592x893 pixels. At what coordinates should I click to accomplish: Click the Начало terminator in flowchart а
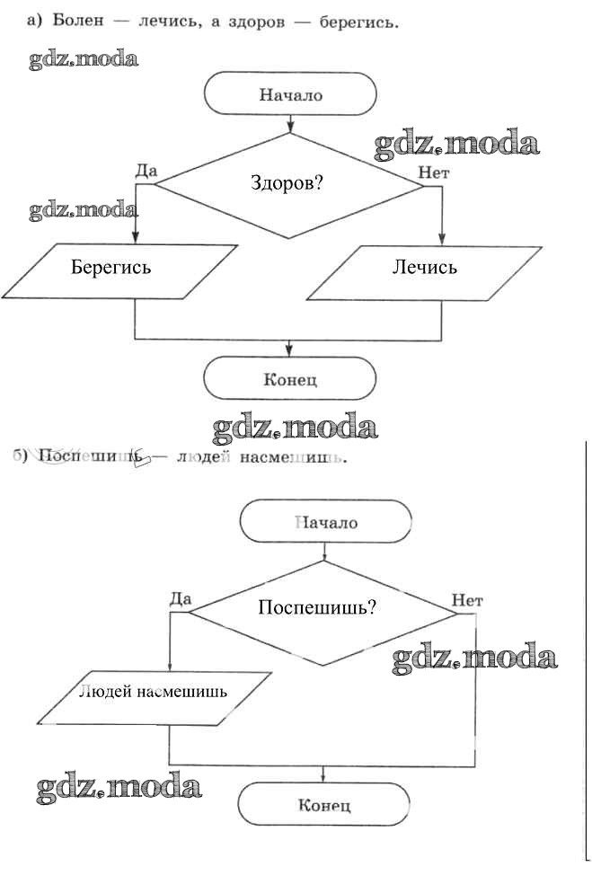coord(290,94)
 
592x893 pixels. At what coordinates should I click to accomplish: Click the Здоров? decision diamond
coord(288,184)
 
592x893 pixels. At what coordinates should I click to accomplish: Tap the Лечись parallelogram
coord(424,267)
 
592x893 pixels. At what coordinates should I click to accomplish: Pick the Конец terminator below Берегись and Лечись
coord(289,378)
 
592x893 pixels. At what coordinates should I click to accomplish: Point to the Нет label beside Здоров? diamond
coord(434,171)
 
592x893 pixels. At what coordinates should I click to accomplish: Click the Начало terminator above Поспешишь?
coord(325,522)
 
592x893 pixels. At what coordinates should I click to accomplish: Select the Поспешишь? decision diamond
coord(323,613)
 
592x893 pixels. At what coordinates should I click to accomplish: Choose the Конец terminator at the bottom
coord(323,804)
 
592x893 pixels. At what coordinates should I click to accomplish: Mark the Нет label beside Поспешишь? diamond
coord(467,600)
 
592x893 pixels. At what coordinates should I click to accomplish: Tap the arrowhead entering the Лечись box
coord(441,237)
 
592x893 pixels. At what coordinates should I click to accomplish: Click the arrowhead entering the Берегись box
coord(136,237)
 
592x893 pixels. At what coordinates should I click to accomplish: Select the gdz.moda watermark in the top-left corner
coord(84,60)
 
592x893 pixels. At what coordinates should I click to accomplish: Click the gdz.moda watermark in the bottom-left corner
coord(119,788)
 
